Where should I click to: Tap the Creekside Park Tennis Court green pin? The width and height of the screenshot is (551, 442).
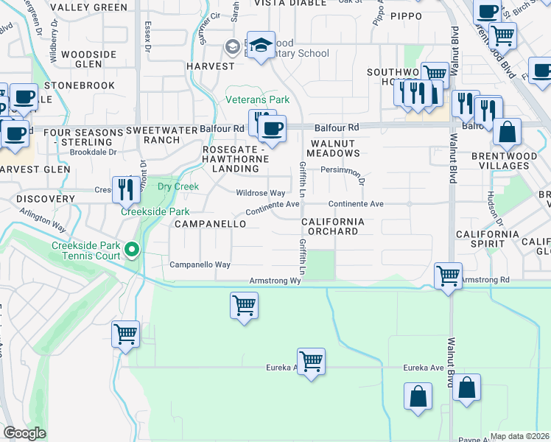pos(132,250)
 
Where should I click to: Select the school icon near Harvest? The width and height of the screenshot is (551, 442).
pos(261,45)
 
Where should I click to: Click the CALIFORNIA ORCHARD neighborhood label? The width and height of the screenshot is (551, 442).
pos(330,226)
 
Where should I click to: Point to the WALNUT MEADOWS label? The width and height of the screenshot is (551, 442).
pos(334,147)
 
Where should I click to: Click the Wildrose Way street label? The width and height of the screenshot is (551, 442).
pos(260,192)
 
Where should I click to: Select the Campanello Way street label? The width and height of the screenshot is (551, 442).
pos(200,264)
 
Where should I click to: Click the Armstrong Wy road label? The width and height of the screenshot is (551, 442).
pos(276,281)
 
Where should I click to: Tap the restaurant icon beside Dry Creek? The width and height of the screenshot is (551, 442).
pos(126,189)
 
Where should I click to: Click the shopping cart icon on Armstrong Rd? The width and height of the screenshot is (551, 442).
pos(448,276)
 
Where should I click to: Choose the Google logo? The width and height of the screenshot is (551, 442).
pos(25,433)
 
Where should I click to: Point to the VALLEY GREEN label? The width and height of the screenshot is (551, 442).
pos(90,7)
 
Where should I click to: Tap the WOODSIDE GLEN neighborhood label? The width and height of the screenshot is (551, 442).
pos(88,60)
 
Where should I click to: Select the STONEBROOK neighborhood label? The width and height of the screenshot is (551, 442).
pos(80,85)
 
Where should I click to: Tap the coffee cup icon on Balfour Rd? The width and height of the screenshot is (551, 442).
pos(273,128)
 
